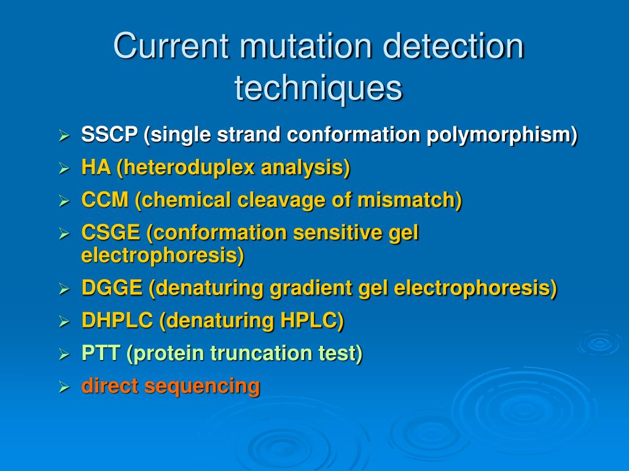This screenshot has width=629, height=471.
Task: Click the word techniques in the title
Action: point(318,88)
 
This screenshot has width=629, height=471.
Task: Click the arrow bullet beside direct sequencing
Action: point(63,387)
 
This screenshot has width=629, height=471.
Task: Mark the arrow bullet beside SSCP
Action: point(63,135)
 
